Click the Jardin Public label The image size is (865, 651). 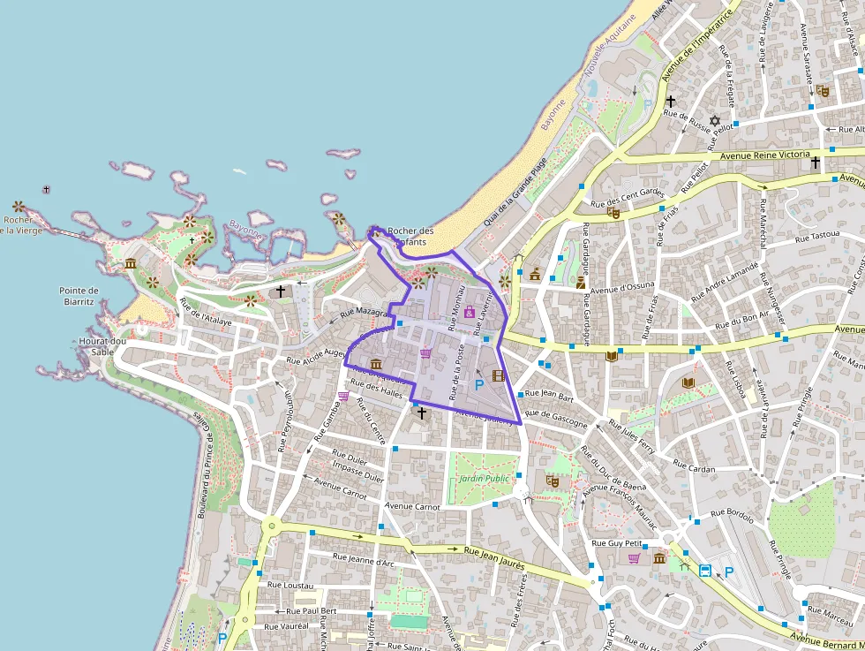(485, 478)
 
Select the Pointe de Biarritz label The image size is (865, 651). (79, 296)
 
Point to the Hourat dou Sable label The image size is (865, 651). (102, 345)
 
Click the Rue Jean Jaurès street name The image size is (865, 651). (495, 556)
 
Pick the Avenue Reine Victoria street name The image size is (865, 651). (765, 155)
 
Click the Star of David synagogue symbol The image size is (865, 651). (715, 120)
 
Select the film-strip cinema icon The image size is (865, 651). (498, 375)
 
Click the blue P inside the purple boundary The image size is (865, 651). (478, 385)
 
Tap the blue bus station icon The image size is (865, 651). (705, 572)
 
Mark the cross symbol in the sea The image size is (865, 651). (46, 189)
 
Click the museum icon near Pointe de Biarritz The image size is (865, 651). (131, 264)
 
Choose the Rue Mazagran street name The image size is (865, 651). (364, 314)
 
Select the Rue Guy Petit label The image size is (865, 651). (616, 542)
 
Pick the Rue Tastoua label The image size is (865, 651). (816, 237)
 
